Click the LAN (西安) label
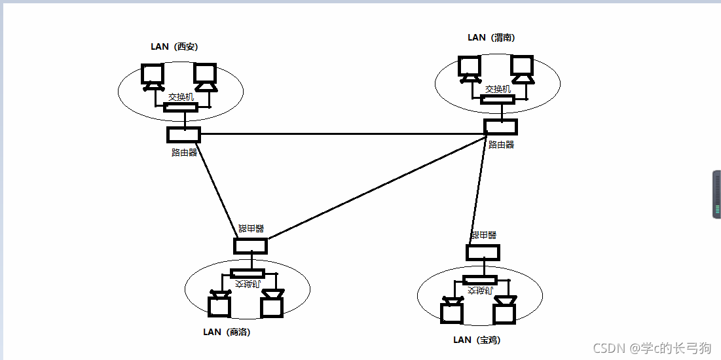tap(174, 47)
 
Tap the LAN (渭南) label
tap(491, 38)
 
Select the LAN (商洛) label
tap(227, 332)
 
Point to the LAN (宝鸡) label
tap(477, 340)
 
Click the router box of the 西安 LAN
tap(183, 135)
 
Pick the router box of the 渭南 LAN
tap(500, 126)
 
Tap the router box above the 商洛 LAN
tap(250, 246)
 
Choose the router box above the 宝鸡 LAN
tap(483, 252)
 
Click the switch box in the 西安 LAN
tap(180, 107)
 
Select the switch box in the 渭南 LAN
tap(497, 99)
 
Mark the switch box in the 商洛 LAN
tap(248, 273)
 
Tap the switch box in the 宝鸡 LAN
tap(479, 280)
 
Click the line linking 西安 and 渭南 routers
tap(341, 135)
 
